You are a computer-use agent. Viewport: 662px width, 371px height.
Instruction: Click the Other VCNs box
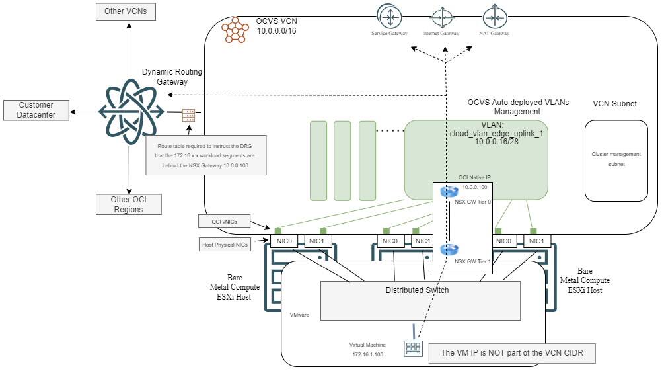click(x=126, y=11)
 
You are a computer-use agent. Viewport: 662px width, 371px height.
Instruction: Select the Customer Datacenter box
click(x=36, y=110)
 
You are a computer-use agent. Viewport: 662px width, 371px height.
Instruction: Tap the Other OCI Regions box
click(x=129, y=204)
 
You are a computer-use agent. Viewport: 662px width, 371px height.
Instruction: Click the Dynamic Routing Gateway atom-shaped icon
click(x=131, y=112)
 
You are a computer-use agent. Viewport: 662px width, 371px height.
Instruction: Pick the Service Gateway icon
click(x=389, y=18)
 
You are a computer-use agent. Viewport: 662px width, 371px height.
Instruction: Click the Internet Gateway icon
click(x=442, y=18)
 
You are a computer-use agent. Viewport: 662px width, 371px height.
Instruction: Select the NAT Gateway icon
click(x=495, y=18)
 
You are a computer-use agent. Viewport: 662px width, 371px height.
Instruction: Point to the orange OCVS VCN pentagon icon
click(x=235, y=30)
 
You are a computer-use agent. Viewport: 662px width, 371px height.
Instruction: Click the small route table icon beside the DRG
click(x=188, y=115)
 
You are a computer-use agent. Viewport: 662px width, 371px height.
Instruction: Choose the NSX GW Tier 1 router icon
click(x=449, y=249)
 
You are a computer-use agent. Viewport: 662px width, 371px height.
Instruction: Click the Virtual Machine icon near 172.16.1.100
click(x=413, y=349)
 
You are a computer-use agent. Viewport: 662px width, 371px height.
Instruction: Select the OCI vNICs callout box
click(x=224, y=222)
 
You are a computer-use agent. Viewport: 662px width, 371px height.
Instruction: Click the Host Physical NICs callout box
click(x=225, y=245)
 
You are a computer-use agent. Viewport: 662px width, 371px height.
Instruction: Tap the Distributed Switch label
click(x=417, y=290)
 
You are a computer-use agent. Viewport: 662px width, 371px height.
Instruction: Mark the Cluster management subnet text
click(x=616, y=159)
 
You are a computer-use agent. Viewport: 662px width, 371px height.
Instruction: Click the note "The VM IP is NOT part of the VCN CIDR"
click(x=512, y=353)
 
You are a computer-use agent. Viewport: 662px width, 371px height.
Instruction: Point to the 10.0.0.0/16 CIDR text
click(x=277, y=31)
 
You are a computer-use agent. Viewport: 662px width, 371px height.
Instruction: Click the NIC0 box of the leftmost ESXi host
click(x=284, y=241)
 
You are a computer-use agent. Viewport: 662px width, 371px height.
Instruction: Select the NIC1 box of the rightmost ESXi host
click(x=536, y=241)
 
